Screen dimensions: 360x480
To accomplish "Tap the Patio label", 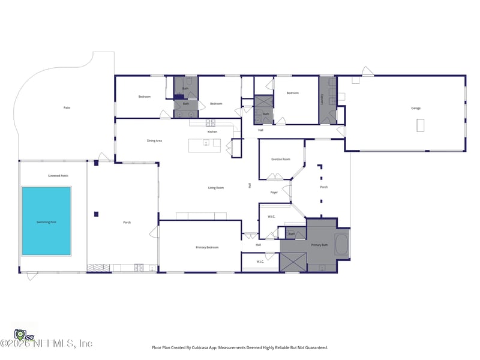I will click(67, 108).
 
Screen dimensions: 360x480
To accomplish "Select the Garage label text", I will click(415, 109).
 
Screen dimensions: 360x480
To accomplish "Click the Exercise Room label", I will click(281, 159).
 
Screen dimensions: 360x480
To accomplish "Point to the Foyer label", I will click(274, 193).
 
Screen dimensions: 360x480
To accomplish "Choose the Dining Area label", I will click(155, 141).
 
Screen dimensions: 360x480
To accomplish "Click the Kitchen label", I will click(212, 131).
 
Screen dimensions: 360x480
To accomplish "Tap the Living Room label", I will click(216, 188).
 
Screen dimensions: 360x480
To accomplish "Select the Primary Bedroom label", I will click(207, 247).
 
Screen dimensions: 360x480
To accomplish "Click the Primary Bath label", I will click(319, 245).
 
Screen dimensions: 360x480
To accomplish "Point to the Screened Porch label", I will click(58, 176).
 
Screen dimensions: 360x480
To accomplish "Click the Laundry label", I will click(322, 98).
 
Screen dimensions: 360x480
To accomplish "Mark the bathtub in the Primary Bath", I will click(341, 246).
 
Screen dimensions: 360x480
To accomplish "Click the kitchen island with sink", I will click(205, 145).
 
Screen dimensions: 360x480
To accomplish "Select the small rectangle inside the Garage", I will click(420, 125).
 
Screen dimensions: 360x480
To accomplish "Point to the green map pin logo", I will click(20, 334).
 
